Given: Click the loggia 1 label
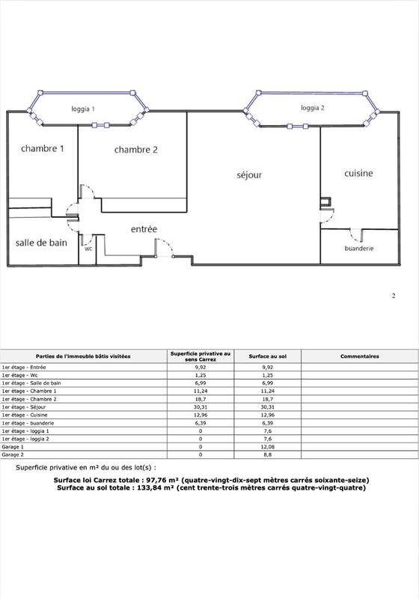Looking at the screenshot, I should (x=82, y=109).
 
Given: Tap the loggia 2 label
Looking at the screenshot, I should (x=313, y=108).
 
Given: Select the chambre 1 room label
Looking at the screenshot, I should (x=43, y=148).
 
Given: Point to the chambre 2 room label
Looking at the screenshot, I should (x=136, y=150).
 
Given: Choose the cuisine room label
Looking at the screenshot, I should (x=358, y=173).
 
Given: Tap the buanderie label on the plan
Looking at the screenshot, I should (x=359, y=248).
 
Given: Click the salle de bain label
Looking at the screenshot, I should (x=41, y=243).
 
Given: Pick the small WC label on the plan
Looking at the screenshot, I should (x=88, y=249).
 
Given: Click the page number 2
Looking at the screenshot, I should (x=394, y=296).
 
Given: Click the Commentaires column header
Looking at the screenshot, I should (x=360, y=356).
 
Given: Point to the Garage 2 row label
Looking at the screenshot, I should (x=13, y=454).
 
